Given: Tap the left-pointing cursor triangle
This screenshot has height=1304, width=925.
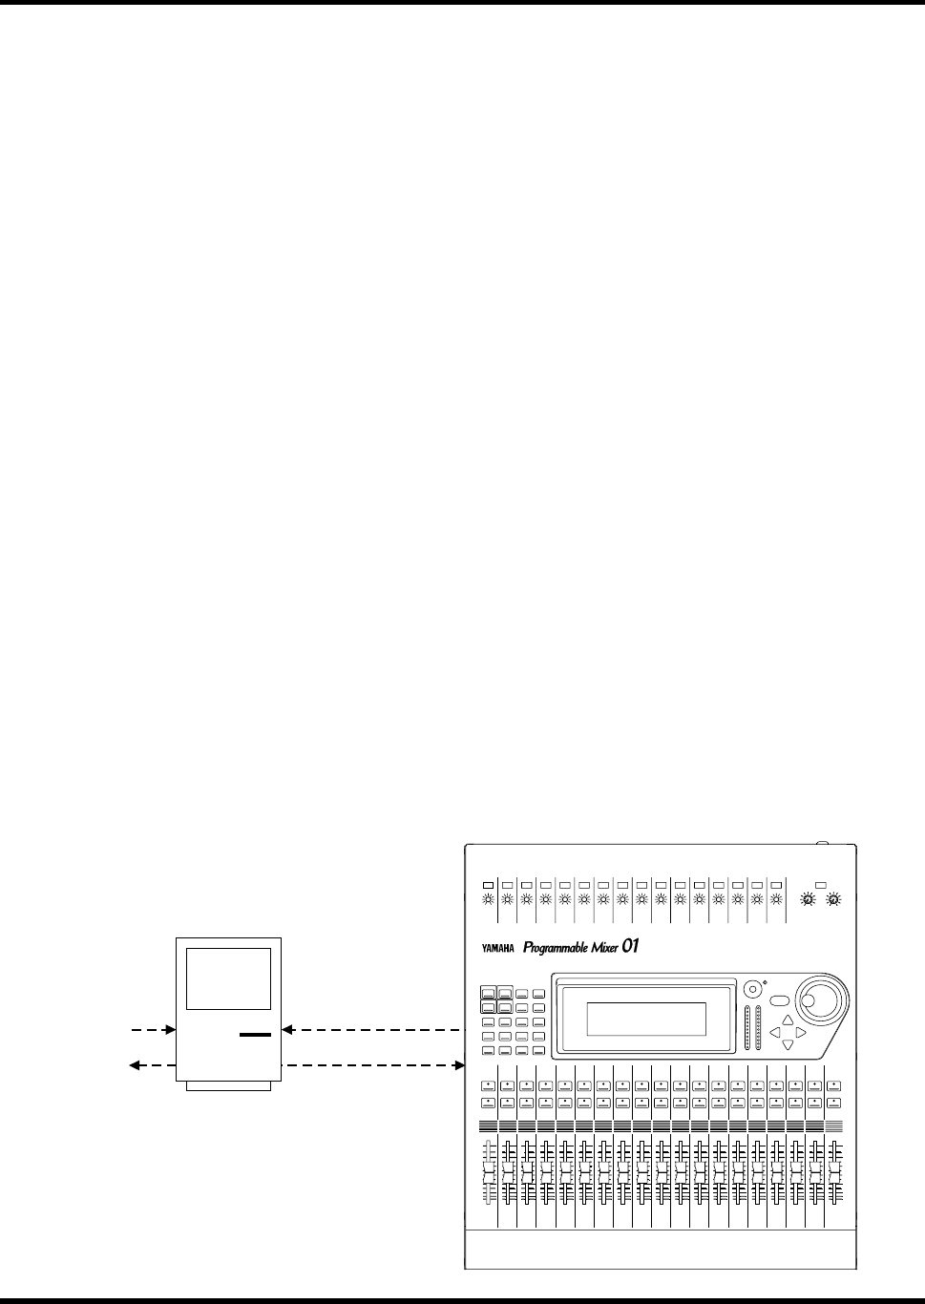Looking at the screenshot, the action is (774, 1032).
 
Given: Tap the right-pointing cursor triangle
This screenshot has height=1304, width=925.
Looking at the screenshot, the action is (800, 1032).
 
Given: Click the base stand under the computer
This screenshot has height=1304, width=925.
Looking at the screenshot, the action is (229, 1084).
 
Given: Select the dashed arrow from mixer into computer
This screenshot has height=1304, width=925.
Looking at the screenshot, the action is (372, 1030).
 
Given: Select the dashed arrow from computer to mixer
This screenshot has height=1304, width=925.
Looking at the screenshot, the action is (372, 1063).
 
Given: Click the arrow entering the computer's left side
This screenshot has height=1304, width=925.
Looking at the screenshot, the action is (153, 1030).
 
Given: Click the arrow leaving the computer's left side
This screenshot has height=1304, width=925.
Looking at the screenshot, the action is (153, 1063).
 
